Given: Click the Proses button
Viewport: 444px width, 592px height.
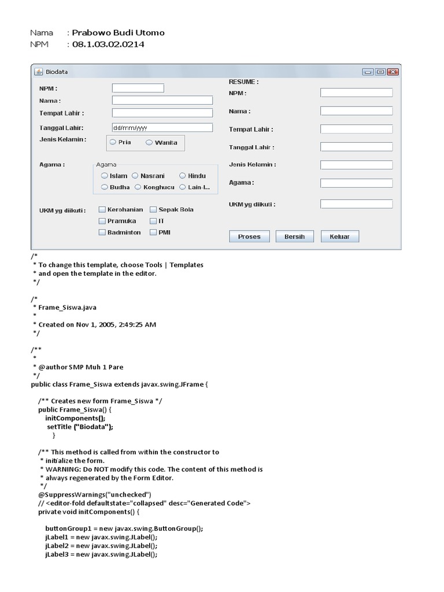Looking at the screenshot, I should [249, 236].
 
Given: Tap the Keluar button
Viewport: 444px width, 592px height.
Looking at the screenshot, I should [339, 236].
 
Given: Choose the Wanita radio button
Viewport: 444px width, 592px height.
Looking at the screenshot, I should [149, 142].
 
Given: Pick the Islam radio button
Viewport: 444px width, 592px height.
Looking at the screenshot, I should [105, 176].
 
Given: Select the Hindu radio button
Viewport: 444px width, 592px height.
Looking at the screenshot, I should [183, 176].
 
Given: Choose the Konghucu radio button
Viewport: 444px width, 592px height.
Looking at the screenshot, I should [138, 187].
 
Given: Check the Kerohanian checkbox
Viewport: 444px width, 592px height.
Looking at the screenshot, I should [102, 210].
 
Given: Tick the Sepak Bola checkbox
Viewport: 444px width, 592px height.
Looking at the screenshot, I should [153, 210].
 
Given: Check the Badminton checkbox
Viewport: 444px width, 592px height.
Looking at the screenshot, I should [102, 232].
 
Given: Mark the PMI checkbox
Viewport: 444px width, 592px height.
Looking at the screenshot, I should [153, 232].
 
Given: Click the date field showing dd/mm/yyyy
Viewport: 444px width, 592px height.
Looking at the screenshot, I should [162, 128].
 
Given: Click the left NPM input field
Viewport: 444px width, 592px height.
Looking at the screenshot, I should [138, 88].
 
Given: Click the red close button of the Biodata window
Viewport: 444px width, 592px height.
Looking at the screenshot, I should [393, 72].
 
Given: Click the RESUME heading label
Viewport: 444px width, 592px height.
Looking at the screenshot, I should [243, 82].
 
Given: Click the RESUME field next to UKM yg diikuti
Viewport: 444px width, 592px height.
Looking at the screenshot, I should [356, 204].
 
